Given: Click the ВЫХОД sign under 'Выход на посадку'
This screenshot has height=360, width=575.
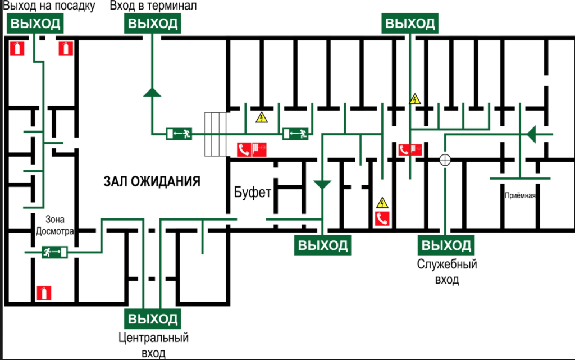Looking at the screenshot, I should (x=34, y=24).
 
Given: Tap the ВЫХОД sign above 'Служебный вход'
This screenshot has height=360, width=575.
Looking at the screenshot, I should (x=446, y=245).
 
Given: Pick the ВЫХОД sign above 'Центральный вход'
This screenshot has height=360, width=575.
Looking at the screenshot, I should (x=153, y=319).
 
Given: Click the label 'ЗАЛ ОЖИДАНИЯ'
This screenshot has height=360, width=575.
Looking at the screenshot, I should (x=152, y=181).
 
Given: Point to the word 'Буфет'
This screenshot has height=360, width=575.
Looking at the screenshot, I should (x=253, y=192).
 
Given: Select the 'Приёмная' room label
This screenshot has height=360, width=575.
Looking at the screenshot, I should (x=521, y=195).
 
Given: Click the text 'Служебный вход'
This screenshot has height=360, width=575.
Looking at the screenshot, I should (x=446, y=271).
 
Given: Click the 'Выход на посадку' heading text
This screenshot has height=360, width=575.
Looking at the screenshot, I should (x=48, y=6).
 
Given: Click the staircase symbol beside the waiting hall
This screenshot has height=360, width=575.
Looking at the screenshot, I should (x=216, y=134).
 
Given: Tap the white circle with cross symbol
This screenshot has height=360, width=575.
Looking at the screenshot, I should (x=445, y=160).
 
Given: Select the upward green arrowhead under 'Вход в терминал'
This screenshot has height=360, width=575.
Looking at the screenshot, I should (x=152, y=92).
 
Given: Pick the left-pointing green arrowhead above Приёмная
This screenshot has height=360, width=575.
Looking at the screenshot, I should (x=531, y=134).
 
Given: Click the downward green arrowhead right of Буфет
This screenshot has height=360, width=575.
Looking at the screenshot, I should (x=322, y=184).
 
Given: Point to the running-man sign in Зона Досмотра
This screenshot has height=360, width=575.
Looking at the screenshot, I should (x=55, y=252).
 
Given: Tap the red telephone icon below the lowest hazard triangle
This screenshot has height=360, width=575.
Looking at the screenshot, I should (x=383, y=219).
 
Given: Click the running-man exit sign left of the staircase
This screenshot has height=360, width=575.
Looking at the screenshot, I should (x=180, y=133).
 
